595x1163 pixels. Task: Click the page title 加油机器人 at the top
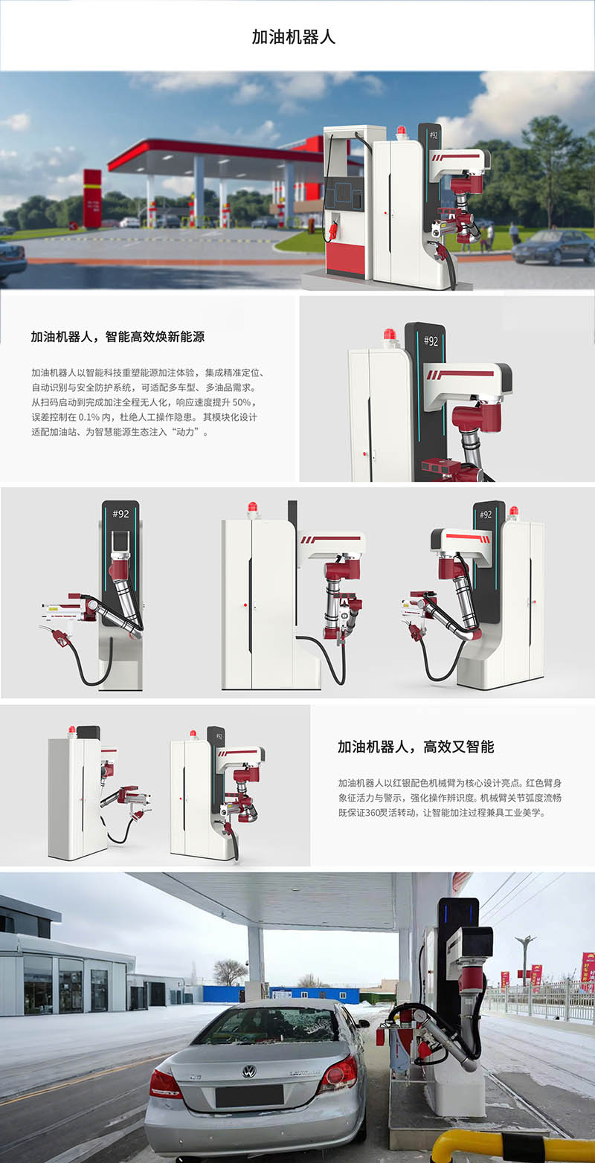pyautogui.click(x=294, y=37)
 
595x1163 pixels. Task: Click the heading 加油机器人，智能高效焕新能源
pyautogui.click(x=118, y=336)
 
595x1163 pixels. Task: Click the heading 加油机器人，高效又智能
pyautogui.click(x=416, y=747)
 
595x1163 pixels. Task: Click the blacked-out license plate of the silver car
pyautogui.click(x=249, y=1096)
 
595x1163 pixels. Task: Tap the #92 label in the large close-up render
pyautogui.click(x=431, y=341)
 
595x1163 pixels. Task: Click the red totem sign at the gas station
pyautogui.click(x=92, y=198)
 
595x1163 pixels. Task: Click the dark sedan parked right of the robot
pyautogui.click(x=553, y=247)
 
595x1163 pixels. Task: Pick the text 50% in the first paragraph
pyautogui.click(x=242, y=402)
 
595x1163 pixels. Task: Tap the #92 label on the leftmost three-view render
pyautogui.click(x=120, y=514)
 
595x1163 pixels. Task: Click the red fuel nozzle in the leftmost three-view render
pyautogui.click(x=62, y=638)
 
